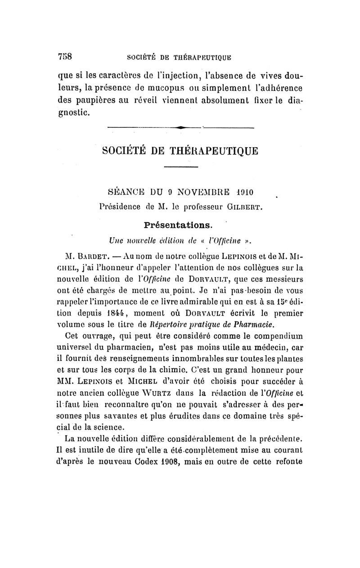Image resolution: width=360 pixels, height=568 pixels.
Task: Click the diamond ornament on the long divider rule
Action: pyautogui.click(x=181, y=128)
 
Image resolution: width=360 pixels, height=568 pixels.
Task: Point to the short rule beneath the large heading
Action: pyautogui.click(x=181, y=167)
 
